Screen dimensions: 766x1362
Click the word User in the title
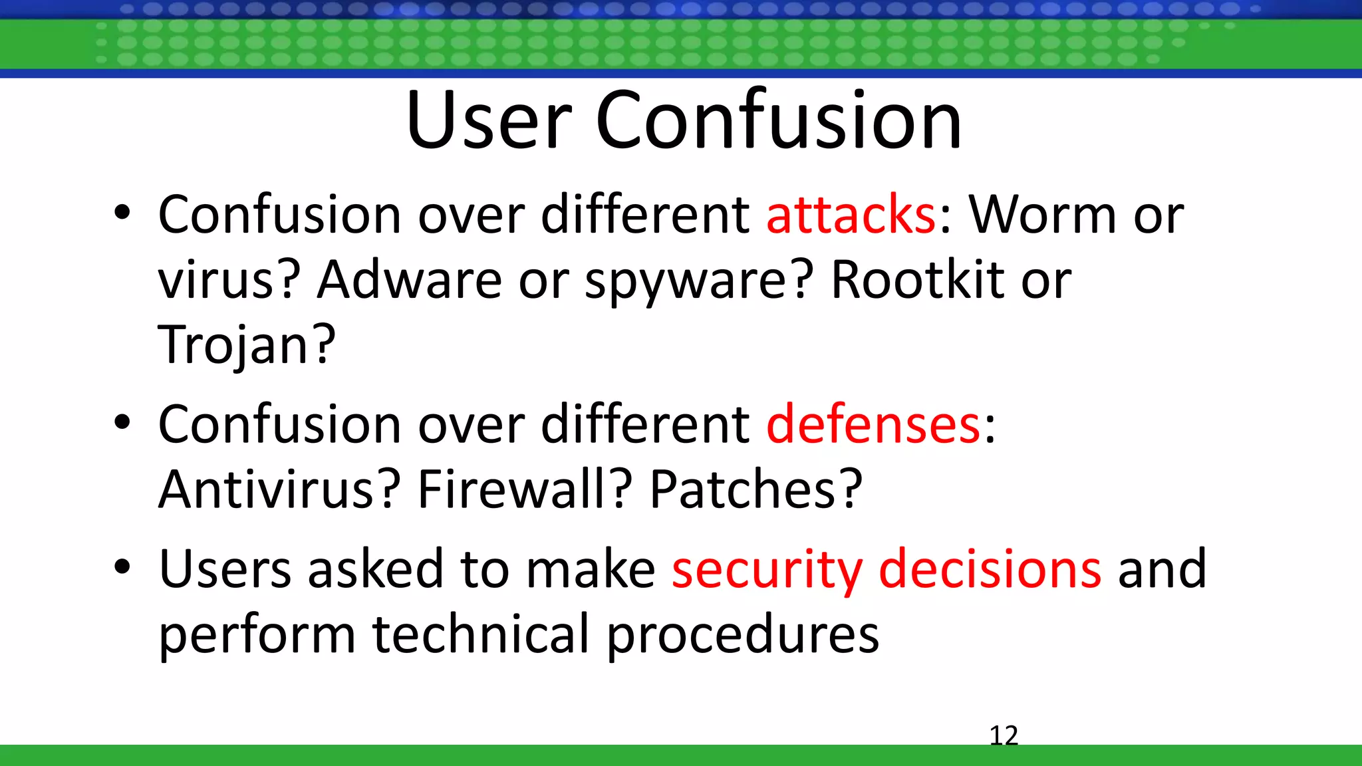(489, 121)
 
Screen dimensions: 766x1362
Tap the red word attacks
(851, 215)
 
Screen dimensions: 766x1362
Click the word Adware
(409, 280)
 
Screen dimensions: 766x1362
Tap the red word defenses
(873, 424)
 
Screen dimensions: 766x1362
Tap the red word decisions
(990, 569)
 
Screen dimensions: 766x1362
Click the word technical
(480, 634)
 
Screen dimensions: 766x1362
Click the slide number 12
(1004, 735)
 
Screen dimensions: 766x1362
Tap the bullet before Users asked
(122, 567)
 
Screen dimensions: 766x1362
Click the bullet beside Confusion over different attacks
(122, 213)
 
